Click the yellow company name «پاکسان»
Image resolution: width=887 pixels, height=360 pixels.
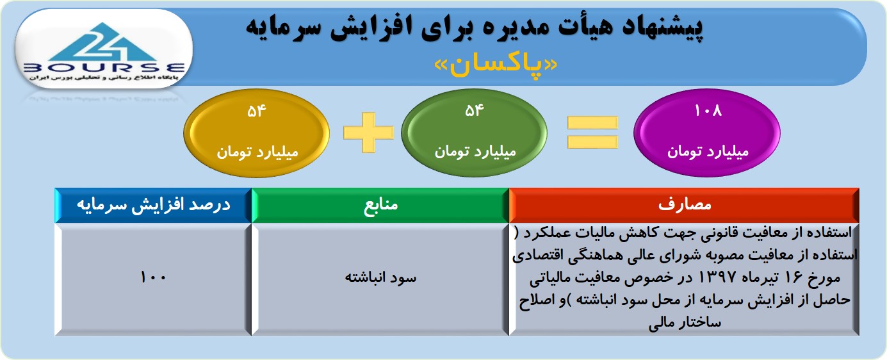(x=495, y=65)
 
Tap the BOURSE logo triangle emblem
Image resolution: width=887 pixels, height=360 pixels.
(x=103, y=42)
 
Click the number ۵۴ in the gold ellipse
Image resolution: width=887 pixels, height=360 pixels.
(x=256, y=111)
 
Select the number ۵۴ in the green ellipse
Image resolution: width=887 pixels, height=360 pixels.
(x=474, y=110)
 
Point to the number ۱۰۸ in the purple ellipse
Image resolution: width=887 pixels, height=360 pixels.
(x=708, y=110)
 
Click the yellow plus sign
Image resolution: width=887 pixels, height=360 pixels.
(x=368, y=132)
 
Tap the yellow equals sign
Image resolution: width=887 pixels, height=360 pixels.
(x=592, y=132)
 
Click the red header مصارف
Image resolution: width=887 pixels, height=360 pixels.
(x=685, y=204)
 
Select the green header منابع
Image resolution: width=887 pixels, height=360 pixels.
(x=380, y=205)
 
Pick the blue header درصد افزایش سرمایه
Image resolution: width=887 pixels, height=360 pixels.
(x=153, y=205)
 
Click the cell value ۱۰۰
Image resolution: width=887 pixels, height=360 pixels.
(x=153, y=277)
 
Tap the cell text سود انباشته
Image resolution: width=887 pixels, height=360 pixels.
(x=380, y=277)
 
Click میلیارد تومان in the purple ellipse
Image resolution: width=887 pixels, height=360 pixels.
(x=708, y=152)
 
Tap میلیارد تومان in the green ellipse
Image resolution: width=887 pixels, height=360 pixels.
(x=475, y=152)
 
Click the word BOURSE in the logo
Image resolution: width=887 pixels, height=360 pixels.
(x=104, y=68)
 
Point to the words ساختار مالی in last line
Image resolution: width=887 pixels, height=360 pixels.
(x=685, y=323)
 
